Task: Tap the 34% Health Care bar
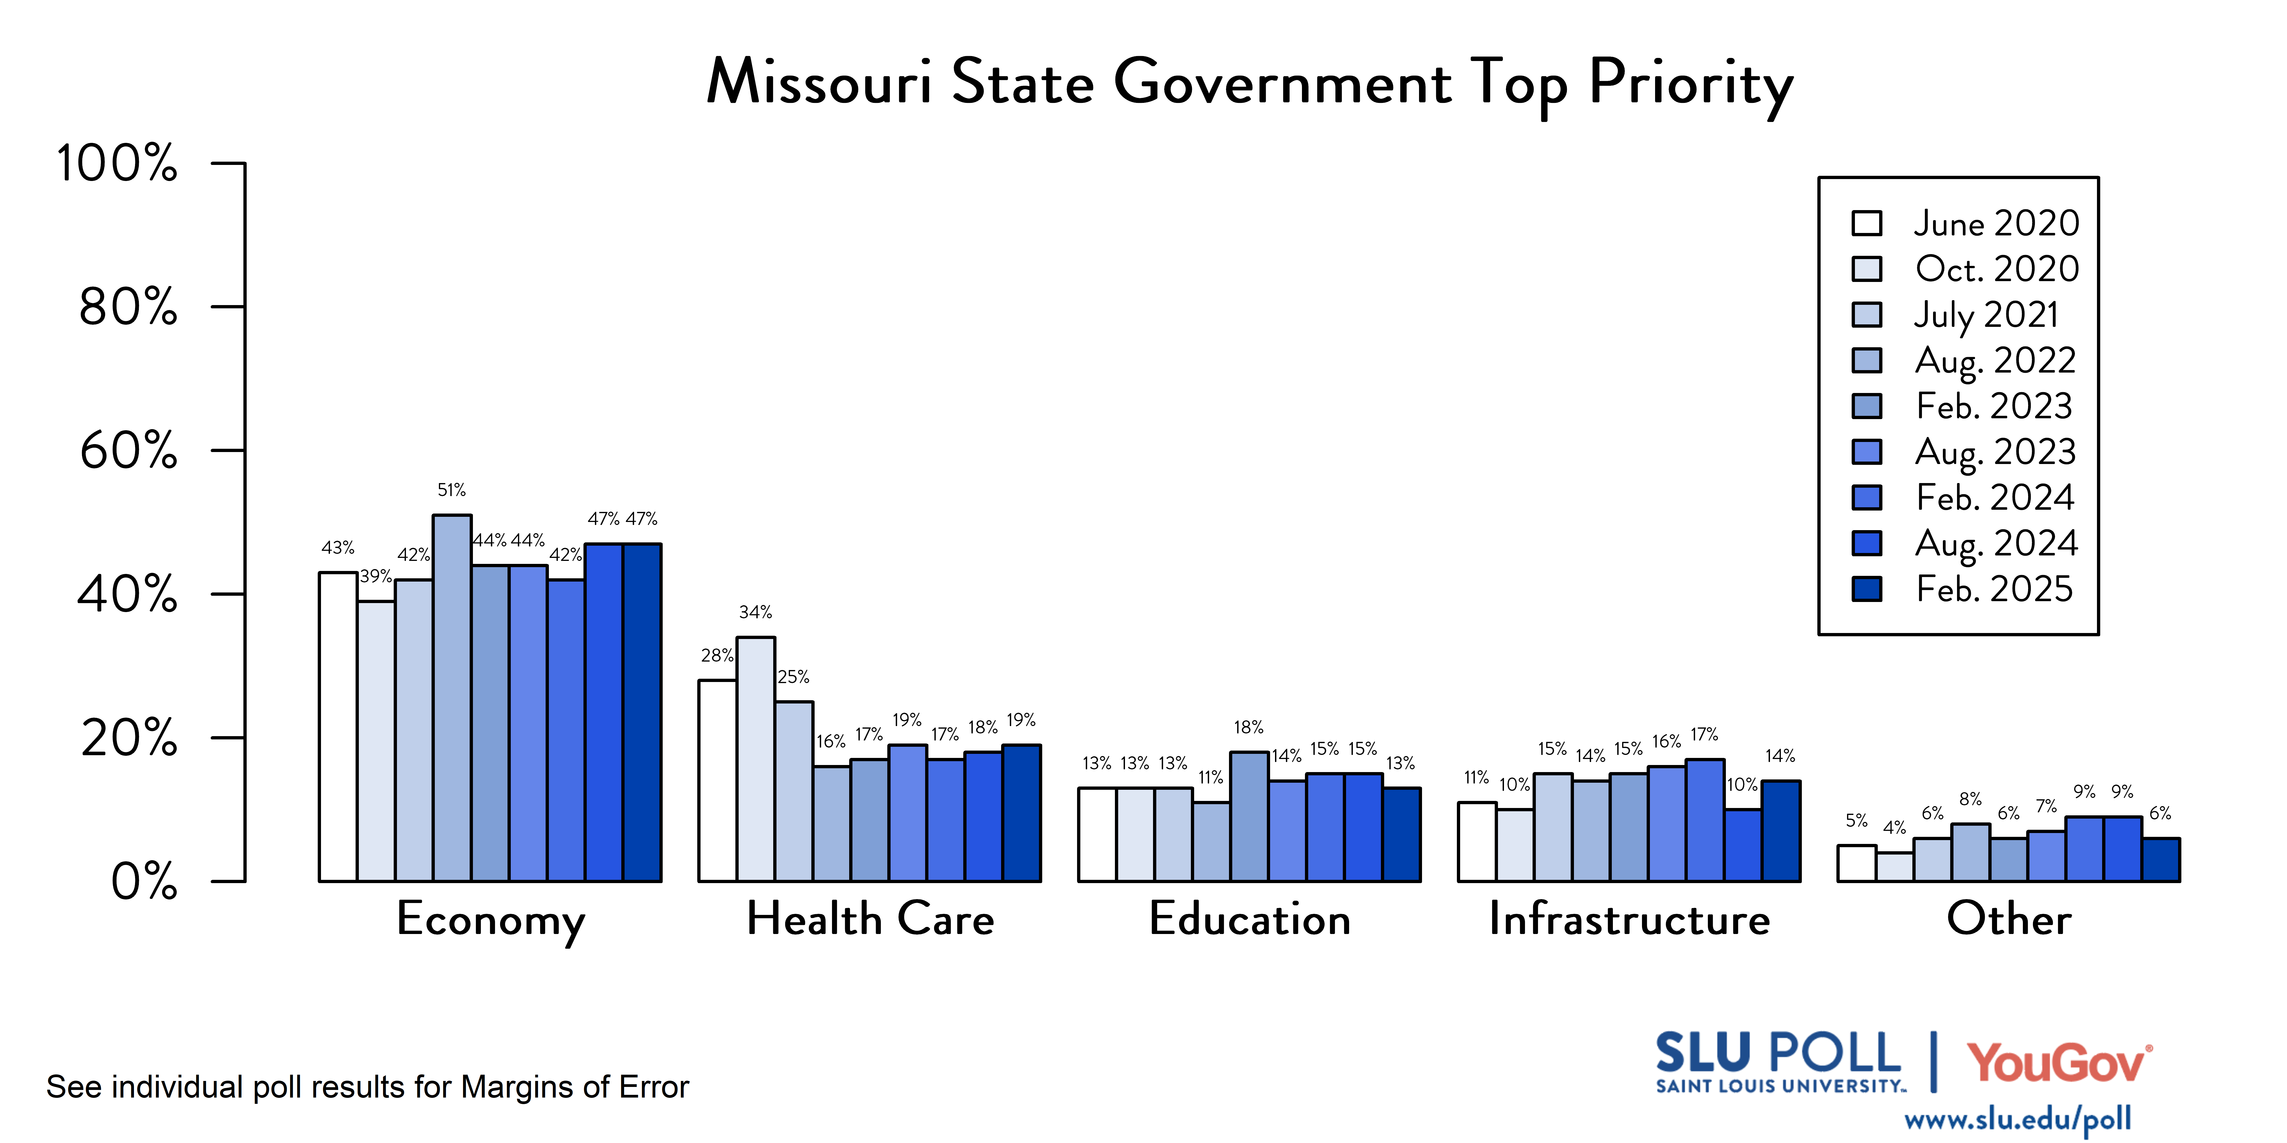tap(756, 759)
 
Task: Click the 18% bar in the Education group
tap(1249, 816)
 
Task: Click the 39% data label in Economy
tap(375, 577)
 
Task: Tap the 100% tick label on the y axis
tap(117, 164)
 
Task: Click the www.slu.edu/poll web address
tap(2017, 1120)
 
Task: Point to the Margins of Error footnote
tap(368, 1087)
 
